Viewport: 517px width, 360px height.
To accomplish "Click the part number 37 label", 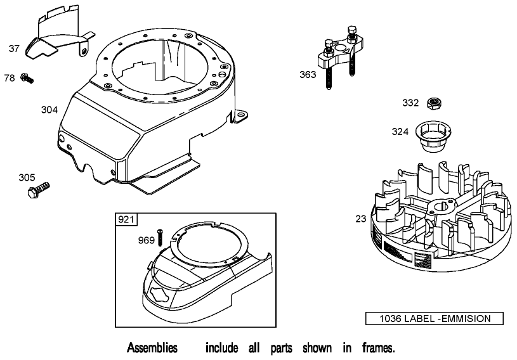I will click(15, 48).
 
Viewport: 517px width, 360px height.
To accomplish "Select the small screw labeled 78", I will click(27, 78).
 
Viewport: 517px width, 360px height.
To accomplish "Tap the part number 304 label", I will click(49, 110).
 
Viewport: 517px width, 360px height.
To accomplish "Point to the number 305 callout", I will click(27, 177).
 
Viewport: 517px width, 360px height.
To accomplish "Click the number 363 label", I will click(308, 75).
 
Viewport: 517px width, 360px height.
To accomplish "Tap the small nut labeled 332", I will click(435, 103).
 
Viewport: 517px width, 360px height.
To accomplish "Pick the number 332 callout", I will click(410, 103).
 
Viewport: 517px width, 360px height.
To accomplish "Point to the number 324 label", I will click(400, 132).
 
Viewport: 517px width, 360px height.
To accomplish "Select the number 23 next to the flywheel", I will click(360, 219).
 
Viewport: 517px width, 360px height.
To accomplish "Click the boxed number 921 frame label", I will click(125, 219).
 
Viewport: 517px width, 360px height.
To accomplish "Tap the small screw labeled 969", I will click(161, 238).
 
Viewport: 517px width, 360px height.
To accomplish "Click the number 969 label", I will click(146, 240).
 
